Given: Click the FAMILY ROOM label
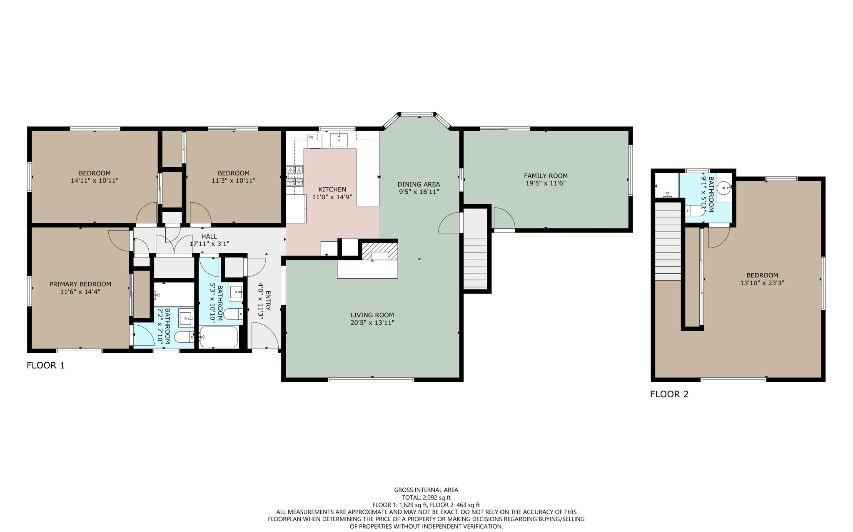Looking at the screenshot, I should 546,176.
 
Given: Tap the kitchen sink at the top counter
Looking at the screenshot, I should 339,140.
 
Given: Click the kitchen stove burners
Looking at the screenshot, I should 294,176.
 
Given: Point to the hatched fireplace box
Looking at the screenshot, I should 379,252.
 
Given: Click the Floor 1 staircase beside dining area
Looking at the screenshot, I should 476,250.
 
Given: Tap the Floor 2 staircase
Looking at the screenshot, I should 668,241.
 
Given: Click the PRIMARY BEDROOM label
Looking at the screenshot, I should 80,284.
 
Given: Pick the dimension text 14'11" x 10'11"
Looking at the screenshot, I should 95,181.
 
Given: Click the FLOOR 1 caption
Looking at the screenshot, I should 46,366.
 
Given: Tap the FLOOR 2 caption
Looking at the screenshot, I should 669,394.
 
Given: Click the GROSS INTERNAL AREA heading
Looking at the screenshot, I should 426,490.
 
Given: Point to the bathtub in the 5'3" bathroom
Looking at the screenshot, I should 219,337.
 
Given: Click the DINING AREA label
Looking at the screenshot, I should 419,184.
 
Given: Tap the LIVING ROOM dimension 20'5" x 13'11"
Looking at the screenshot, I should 372,322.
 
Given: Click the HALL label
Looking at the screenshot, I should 209,236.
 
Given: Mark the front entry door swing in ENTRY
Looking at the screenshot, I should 265,337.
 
